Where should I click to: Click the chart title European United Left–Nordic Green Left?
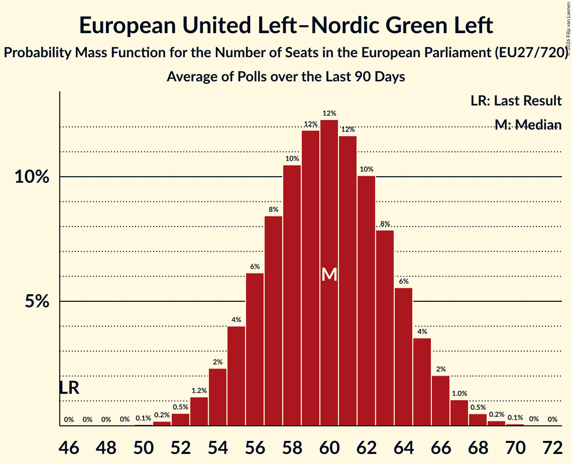pyautogui.click(x=286, y=26)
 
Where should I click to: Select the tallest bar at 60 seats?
pyautogui.click(x=329, y=273)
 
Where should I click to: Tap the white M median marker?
pyautogui.click(x=329, y=275)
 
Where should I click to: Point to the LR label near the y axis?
pyautogui.click(x=69, y=388)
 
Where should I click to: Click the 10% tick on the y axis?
pyautogui.click(x=32, y=177)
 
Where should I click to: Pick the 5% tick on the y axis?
pyautogui.click(x=37, y=302)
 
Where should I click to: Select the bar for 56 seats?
pyautogui.click(x=255, y=350)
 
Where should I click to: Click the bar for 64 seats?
pyautogui.click(x=403, y=357)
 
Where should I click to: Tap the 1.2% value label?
pyautogui.click(x=199, y=391)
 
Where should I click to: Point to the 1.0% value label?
pyautogui.click(x=460, y=394)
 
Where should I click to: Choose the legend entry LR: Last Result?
pyautogui.click(x=516, y=100)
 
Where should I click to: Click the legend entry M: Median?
pyautogui.click(x=528, y=125)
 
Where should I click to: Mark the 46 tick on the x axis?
pyautogui.click(x=69, y=447)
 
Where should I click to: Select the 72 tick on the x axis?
pyautogui.click(x=553, y=447)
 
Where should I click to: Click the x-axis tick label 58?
pyautogui.click(x=292, y=447)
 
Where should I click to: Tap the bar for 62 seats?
pyautogui.click(x=366, y=301)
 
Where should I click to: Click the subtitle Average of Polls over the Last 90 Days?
pyautogui.click(x=286, y=77)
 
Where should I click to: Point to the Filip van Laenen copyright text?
pyautogui.click(x=568, y=29)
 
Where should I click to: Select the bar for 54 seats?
pyautogui.click(x=218, y=397)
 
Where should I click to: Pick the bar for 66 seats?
pyautogui.click(x=440, y=401)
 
